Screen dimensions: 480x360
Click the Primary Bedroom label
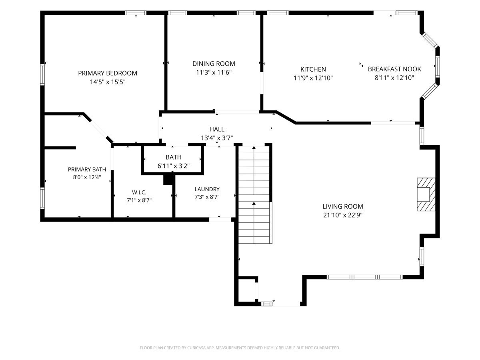[108, 73]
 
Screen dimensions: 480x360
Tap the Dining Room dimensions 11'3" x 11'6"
[214, 72]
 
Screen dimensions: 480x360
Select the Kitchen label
[313, 69]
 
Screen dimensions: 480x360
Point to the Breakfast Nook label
[394, 69]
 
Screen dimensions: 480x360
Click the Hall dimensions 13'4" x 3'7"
[217, 138]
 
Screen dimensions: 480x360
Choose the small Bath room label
[174, 157]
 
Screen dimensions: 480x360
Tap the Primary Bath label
[87, 169]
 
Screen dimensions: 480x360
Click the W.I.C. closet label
[139, 192]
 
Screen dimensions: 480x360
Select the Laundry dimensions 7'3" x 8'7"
[207, 197]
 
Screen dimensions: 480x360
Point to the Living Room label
[343, 206]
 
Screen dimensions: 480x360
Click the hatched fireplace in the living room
[426, 194]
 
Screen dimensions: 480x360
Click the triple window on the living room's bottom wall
[364, 277]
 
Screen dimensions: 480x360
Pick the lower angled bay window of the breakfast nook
[430, 91]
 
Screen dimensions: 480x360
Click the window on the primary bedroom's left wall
[42, 74]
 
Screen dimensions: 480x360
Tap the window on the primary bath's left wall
[42, 198]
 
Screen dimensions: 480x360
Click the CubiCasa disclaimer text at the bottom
[240, 348]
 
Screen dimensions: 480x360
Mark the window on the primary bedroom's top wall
[136, 13]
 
